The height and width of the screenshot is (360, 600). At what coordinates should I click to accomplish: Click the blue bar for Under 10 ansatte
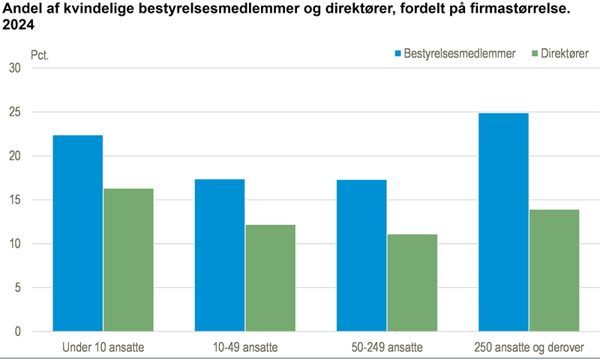(78, 233)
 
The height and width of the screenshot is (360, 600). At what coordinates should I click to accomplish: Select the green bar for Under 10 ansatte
(128, 260)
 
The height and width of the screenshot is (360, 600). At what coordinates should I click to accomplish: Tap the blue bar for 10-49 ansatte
(220, 255)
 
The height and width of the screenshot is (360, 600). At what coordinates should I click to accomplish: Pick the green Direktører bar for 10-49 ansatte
(270, 278)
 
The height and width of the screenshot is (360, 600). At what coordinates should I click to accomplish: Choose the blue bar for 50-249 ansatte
(361, 256)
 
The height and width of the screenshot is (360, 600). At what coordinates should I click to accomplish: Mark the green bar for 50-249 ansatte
(412, 283)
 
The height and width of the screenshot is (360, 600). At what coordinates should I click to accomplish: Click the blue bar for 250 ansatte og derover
(503, 222)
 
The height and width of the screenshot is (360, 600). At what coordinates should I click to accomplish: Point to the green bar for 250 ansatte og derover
(553, 270)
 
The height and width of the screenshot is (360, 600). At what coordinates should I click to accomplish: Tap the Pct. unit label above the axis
(40, 55)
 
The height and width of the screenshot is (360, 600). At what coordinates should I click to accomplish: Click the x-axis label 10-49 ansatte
(244, 348)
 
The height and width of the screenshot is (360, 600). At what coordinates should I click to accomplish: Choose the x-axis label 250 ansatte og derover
(528, 348)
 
